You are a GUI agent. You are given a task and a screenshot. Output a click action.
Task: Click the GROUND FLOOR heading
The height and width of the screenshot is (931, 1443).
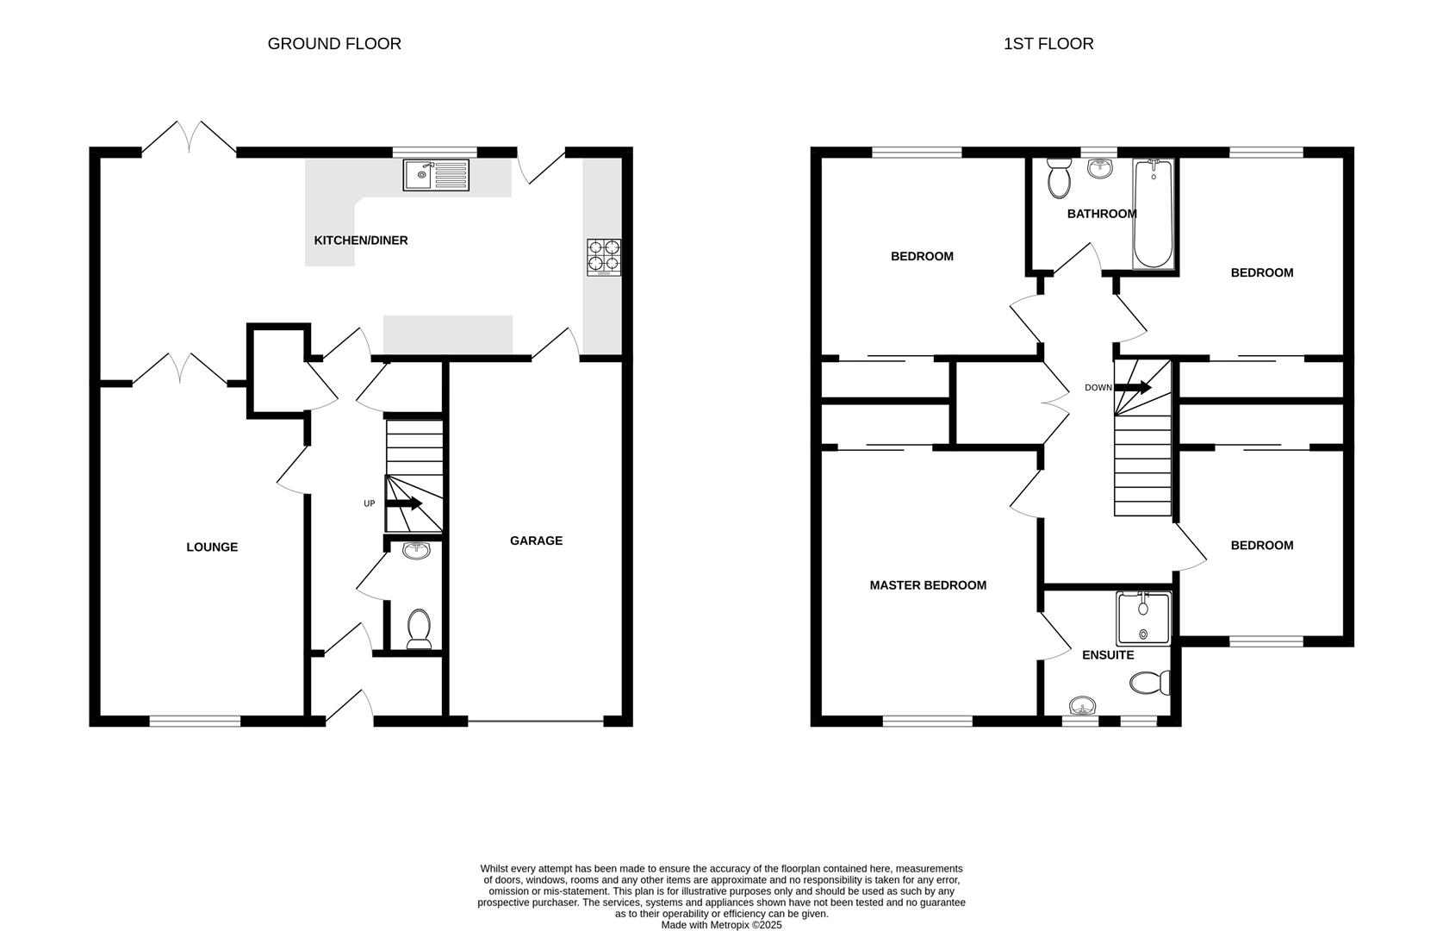[x=334, y=44]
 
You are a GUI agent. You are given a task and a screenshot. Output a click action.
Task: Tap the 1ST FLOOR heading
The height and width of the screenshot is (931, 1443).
[x=1048, y=44]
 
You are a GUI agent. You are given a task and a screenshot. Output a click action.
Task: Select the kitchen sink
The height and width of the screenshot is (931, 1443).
[x=436, y=175]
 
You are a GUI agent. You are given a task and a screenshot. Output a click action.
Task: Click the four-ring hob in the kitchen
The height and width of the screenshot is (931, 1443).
[x=604, y=257]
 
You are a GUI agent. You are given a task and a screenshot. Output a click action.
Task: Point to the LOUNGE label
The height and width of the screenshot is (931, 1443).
[x=212, y=547]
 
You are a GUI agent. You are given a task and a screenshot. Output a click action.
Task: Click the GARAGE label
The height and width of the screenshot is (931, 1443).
[x=536, y=541]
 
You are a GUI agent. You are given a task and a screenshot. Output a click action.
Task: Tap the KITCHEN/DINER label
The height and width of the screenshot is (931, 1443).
[x=360, y=241]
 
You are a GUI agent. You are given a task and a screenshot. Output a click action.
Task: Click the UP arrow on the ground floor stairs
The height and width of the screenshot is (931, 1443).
[x=403, y=504]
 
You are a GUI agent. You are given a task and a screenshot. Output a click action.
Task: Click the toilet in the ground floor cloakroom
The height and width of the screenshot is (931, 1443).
[x=419, y=628]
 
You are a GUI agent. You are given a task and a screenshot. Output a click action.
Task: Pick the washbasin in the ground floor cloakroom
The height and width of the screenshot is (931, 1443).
[x=416, y=551]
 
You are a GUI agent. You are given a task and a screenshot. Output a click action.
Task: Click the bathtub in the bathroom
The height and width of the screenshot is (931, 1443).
[x=1153, y=214]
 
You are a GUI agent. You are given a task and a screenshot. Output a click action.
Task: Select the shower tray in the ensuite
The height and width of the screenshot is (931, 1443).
[x=1143, y=618]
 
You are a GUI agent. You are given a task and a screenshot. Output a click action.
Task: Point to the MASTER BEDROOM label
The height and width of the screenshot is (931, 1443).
[x=928, y=585]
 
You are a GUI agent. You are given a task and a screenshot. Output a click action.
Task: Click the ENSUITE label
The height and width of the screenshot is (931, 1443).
[x=1108, y=655]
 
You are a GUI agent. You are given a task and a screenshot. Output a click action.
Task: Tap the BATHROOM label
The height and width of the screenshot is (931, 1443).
[x=1101, y=214]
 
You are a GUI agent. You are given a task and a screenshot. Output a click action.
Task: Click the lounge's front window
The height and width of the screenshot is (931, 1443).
[x=195, y=721]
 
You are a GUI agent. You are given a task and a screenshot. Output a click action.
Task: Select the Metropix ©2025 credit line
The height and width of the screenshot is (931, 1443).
[x=721, y=925]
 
